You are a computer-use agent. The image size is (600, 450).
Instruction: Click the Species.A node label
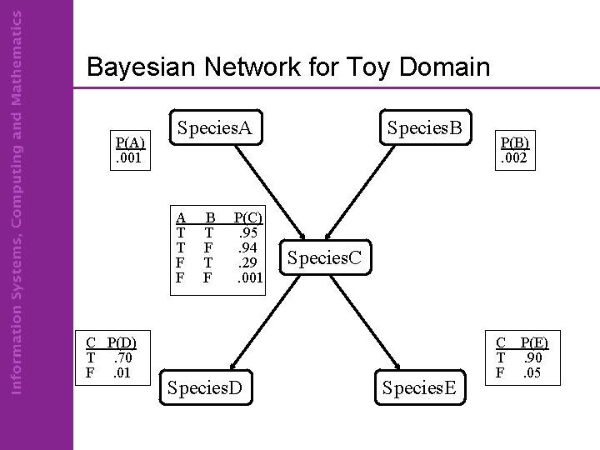(215, 128)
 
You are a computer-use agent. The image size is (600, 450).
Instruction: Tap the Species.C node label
(325, 257)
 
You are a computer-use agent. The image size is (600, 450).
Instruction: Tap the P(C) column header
(248, 218)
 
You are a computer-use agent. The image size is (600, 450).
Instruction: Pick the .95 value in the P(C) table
(248, 232)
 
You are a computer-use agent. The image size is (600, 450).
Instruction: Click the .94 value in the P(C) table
(248, 247)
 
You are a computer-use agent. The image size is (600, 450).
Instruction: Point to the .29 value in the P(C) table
(248, 262)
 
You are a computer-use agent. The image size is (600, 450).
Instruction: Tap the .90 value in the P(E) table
(531, 357)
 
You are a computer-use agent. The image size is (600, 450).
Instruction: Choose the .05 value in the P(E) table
(531, 372)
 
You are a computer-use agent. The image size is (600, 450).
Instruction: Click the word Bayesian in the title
(139, 67)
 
